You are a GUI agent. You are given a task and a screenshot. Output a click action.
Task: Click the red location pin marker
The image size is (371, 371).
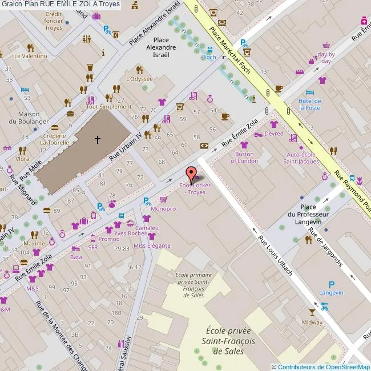[191, 173]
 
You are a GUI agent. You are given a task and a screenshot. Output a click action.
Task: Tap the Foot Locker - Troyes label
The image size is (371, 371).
[192, 189]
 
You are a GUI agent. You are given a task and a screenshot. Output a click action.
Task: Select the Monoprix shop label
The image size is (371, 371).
[163, 209]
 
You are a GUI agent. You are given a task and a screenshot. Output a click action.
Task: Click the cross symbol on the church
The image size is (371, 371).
[98, 139]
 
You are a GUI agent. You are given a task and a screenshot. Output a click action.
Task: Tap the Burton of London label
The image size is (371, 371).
[244, 157]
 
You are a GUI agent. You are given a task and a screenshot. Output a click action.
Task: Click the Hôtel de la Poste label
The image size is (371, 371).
[309, 104]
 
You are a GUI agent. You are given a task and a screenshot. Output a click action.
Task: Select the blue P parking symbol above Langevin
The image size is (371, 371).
[332, 284]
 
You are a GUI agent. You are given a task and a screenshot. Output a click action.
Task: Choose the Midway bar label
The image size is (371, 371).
[312, 322]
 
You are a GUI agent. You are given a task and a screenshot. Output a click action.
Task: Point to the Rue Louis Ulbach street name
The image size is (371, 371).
[276, 256]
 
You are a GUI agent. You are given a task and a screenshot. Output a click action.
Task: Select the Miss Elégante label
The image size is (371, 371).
[151, 245]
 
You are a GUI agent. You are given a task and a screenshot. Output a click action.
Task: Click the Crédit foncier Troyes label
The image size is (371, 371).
[53, 21]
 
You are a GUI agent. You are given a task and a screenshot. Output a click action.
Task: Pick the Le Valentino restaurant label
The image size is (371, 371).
[31, 56]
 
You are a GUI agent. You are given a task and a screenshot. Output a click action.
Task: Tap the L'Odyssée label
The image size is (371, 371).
[139, 79]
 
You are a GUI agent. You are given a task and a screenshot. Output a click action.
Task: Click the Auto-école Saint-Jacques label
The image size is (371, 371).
[303, 158]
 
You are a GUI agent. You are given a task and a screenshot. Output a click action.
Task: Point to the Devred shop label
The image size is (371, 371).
[274, 134]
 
